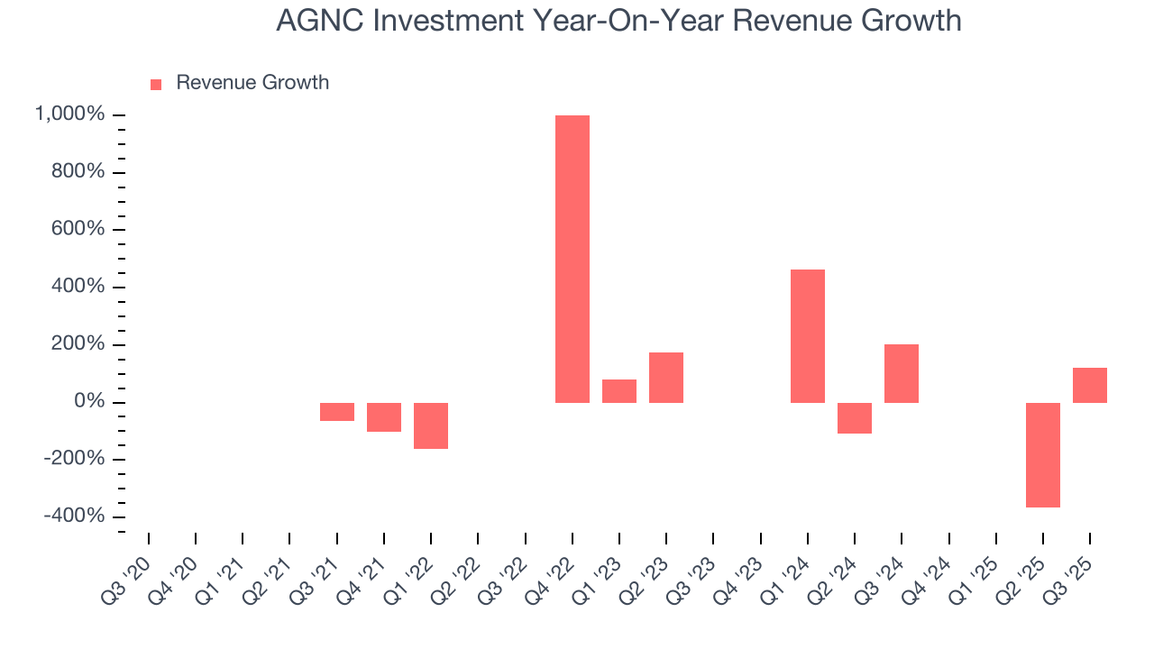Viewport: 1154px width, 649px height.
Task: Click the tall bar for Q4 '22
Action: click(572, 259)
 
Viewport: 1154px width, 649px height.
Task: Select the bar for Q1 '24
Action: click(808, 336)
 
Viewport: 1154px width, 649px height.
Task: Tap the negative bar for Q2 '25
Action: click(1043, 455)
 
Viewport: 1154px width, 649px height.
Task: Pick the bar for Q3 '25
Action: click(1090, 385)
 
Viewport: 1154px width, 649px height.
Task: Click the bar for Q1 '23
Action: click(619, 391)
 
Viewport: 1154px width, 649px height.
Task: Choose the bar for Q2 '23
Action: click(666, 378)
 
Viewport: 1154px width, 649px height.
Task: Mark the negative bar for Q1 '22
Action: click(431, 425)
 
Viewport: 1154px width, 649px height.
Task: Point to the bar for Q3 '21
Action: click(337, 412)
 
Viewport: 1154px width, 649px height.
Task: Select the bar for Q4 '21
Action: click(384, 417)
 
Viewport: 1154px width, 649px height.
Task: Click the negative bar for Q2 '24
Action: click(855, 418)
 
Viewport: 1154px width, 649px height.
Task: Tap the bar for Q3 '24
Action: click(902, 373)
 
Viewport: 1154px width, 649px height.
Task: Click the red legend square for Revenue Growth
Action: click(156, 84)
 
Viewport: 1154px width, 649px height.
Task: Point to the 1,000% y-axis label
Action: click(69, 114)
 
